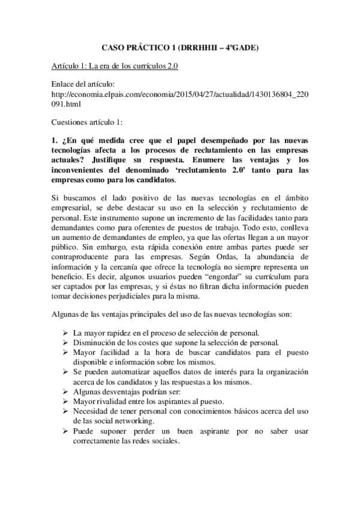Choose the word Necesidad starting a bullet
coord(93,410)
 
